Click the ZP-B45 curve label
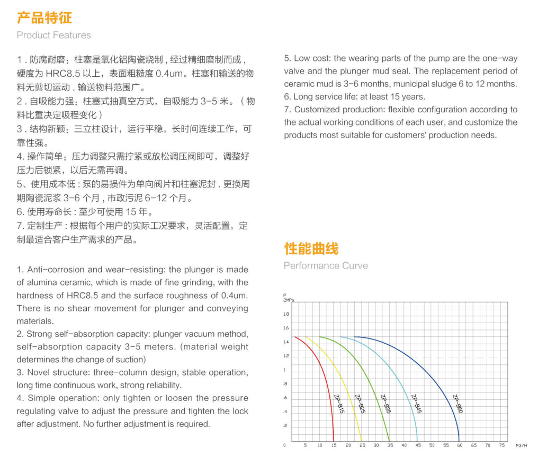tap(416, 404)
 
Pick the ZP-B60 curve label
tap(458, 404)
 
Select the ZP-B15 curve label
tap(339, 404)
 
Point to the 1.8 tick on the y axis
tap(286, 314)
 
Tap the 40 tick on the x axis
tap(404, 445)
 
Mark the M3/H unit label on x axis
tap(521, 445)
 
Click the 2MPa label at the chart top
tap(289, 300)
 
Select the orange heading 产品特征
tap(44, 18)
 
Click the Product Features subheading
tap(54, 35)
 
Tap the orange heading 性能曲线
tap(311, 248)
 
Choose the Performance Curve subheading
tap(326, 265)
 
